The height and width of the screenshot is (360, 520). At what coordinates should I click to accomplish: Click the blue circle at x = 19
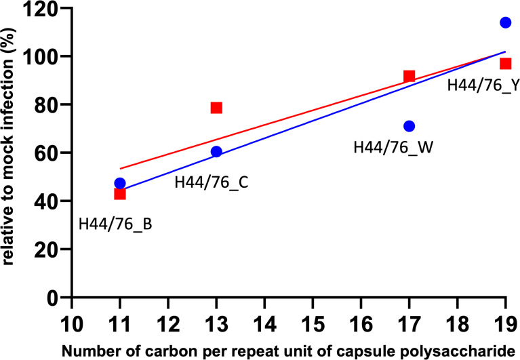point(505,22)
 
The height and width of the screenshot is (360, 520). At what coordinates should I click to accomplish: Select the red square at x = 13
point(216,108)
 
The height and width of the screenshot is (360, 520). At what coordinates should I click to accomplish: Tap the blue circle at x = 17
point(409,126)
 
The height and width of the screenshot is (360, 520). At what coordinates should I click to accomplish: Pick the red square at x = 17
point(409,76)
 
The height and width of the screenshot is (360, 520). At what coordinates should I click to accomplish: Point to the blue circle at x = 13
point(216,151)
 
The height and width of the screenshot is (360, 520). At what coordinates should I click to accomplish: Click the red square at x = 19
point(505,64)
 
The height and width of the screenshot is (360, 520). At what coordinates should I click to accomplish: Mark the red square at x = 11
point(120,194)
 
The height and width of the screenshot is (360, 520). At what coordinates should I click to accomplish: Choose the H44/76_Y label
point(483,86)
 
